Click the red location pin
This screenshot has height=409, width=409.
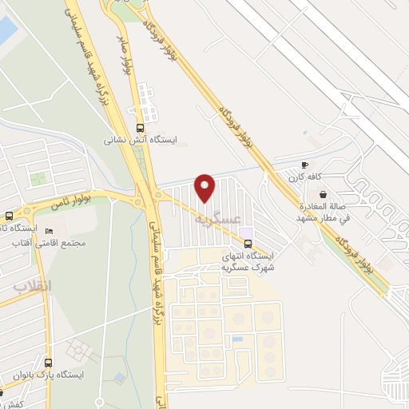coord(205,187)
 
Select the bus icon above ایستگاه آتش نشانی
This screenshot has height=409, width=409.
coord(141,127)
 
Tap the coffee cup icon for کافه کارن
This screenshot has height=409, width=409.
coord(304,165)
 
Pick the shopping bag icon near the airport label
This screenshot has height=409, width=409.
coord(322,194)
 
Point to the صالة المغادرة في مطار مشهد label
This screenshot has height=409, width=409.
coord(324,212)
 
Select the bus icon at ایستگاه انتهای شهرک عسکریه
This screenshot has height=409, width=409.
coord(248,243)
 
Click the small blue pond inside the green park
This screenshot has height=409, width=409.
coord(120,376)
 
